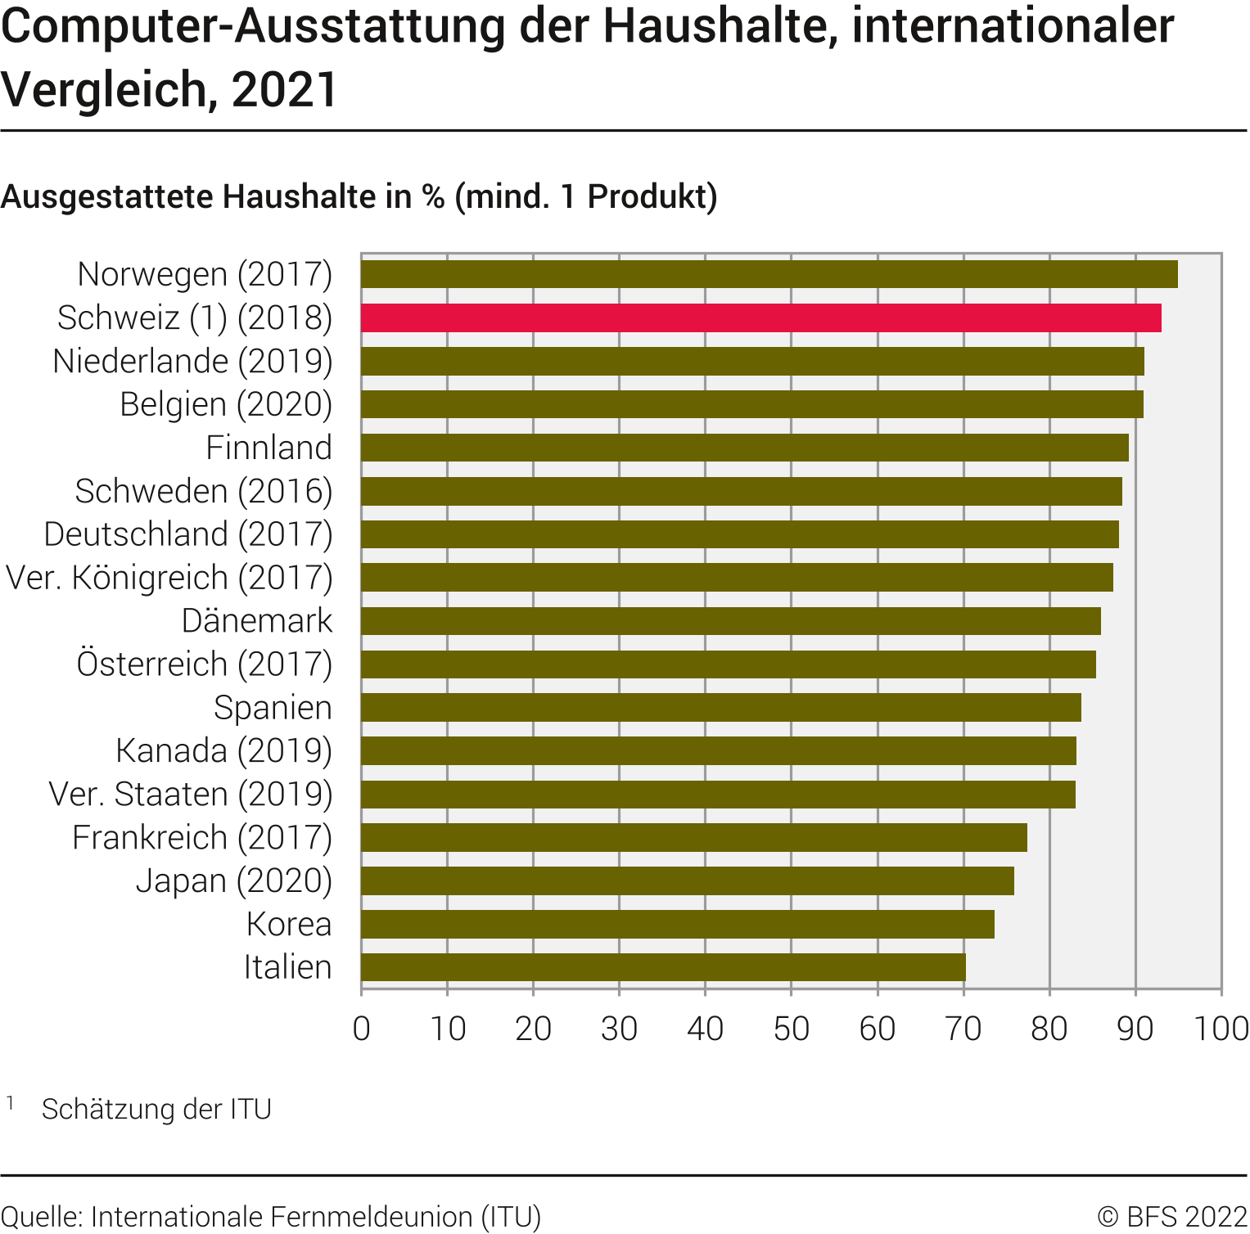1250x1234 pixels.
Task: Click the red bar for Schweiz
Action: (x=760, y=318)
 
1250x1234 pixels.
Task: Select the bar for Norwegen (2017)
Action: (x=769, y=274)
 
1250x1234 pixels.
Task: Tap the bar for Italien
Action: (x=663, y=967)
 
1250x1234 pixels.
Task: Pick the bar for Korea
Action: (x=677, y=924)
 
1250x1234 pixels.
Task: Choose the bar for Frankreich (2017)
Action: (x=693, y=837)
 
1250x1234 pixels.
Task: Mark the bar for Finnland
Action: (x=744, y=448)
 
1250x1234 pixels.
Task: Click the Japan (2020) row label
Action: (x=234, y=880)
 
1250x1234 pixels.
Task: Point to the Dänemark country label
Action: (x=257, y=621)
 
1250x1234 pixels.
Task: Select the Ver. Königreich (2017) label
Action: (x=169, y=578)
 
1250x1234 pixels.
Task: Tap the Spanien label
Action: (x=273, y=708)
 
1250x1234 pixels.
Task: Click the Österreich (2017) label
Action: (x=205, y=664)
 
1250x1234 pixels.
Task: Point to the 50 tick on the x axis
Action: (x=791, y=1029)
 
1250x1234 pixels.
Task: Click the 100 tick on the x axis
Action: (x=1221, y=1029)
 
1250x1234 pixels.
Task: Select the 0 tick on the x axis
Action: (x=361, y=1029)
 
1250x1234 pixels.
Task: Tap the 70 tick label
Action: (x=963, y=1029)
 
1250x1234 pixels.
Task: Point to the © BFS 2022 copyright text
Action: (x=1172, y=1217)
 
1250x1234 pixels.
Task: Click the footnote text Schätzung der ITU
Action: (x=156, y=1110)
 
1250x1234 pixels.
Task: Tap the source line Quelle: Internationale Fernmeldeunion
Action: (x=271, y=1217)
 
